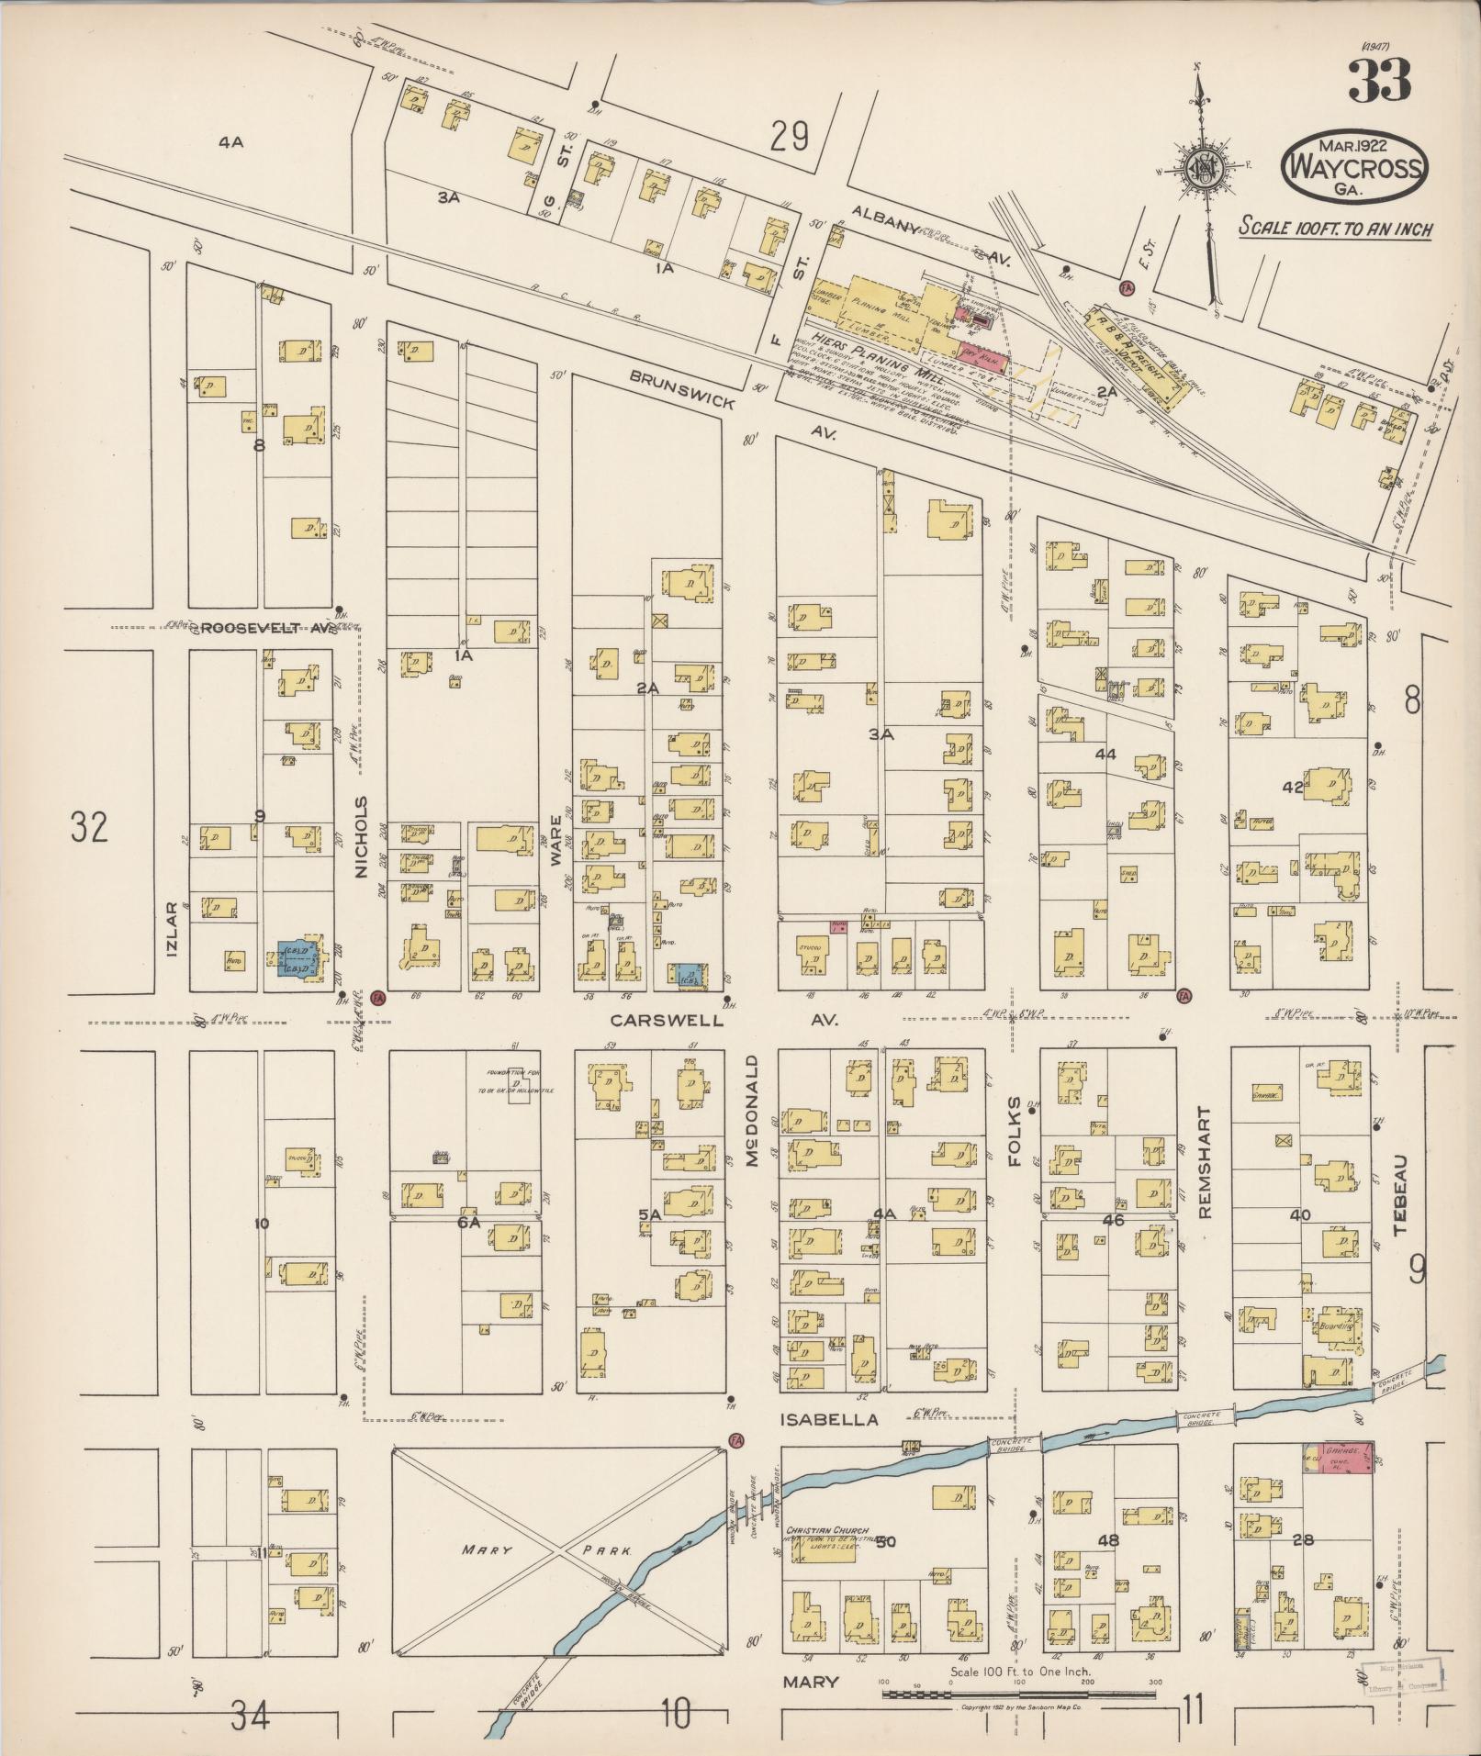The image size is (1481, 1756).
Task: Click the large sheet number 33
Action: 1379,82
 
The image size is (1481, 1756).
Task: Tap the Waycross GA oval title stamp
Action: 1354,166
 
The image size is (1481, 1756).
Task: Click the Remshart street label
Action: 1206,1161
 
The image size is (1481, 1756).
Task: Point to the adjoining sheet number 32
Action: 89,827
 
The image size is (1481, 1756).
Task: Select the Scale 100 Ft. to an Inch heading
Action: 1334,229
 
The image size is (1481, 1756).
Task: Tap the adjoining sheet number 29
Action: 790,138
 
